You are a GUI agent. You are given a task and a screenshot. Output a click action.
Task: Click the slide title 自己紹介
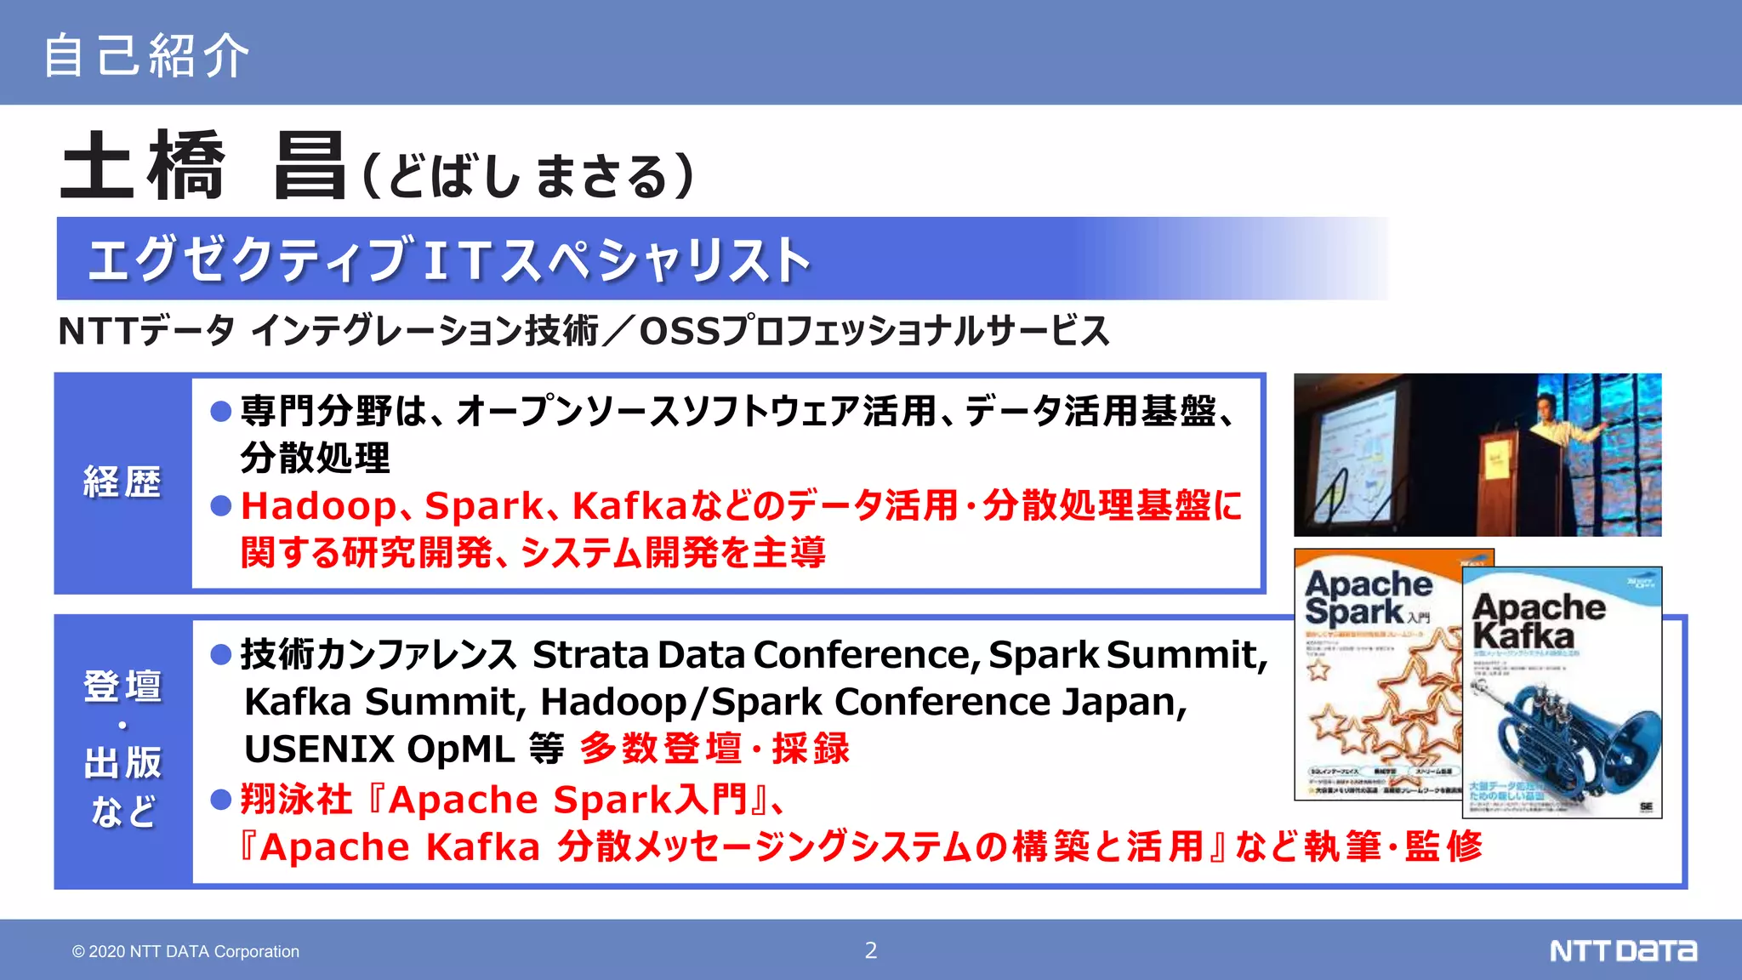146,55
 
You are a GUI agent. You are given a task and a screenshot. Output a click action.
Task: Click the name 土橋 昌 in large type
202,167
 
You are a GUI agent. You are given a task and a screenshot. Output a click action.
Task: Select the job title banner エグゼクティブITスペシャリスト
449,259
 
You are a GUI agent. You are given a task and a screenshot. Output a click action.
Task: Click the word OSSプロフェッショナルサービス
874,331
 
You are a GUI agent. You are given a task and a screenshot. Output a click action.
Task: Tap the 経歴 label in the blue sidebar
122,482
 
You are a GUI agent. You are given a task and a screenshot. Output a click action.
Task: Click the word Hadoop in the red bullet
318,506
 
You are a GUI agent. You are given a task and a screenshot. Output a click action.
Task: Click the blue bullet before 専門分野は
221,412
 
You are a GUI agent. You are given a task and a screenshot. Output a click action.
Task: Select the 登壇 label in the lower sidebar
122,686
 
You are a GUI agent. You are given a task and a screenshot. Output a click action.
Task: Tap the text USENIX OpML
379,749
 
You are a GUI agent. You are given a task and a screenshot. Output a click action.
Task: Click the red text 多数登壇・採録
714,749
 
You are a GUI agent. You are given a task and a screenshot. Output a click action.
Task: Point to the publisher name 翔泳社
296,800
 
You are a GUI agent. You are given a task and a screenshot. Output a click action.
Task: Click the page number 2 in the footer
870,950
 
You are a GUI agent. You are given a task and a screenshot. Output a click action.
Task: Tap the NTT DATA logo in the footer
1622,950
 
